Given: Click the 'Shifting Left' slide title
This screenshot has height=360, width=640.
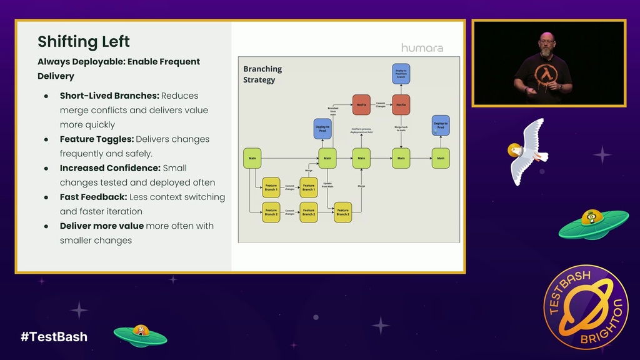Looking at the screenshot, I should pos(84,42).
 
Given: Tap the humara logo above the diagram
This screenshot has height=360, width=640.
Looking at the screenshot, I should pos(422,47).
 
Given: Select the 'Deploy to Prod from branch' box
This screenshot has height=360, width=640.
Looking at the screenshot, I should pos(401,73).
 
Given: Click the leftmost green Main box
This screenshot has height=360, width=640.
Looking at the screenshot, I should pos(252,158).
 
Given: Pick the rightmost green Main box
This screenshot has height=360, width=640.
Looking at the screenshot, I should pos(441,158).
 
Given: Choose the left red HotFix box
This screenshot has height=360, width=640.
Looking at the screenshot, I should pos(361,104).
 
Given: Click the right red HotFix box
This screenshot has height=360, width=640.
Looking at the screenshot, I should pos(401,104).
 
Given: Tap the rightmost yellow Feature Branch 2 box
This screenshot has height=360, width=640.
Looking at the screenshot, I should pos(343,212).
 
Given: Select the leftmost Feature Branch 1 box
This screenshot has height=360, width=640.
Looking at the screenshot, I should pos(271,187).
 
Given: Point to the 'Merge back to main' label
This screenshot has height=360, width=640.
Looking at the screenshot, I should pos(401,128).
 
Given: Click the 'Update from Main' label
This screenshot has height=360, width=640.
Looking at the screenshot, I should pos(328,185).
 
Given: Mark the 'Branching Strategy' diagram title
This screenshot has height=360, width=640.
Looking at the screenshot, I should pos(262,74).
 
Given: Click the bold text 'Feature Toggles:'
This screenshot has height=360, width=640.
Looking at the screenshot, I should pos(97,139).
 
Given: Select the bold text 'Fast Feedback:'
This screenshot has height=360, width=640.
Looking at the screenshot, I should pos(93,197).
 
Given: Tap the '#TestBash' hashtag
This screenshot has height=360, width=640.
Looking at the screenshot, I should pos(54,337).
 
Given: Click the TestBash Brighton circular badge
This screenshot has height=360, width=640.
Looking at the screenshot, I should pos(586,307).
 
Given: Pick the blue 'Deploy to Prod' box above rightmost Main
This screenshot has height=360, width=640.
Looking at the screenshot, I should pos(441,126).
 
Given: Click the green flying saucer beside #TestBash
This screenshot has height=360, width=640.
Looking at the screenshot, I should pos(140,335).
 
